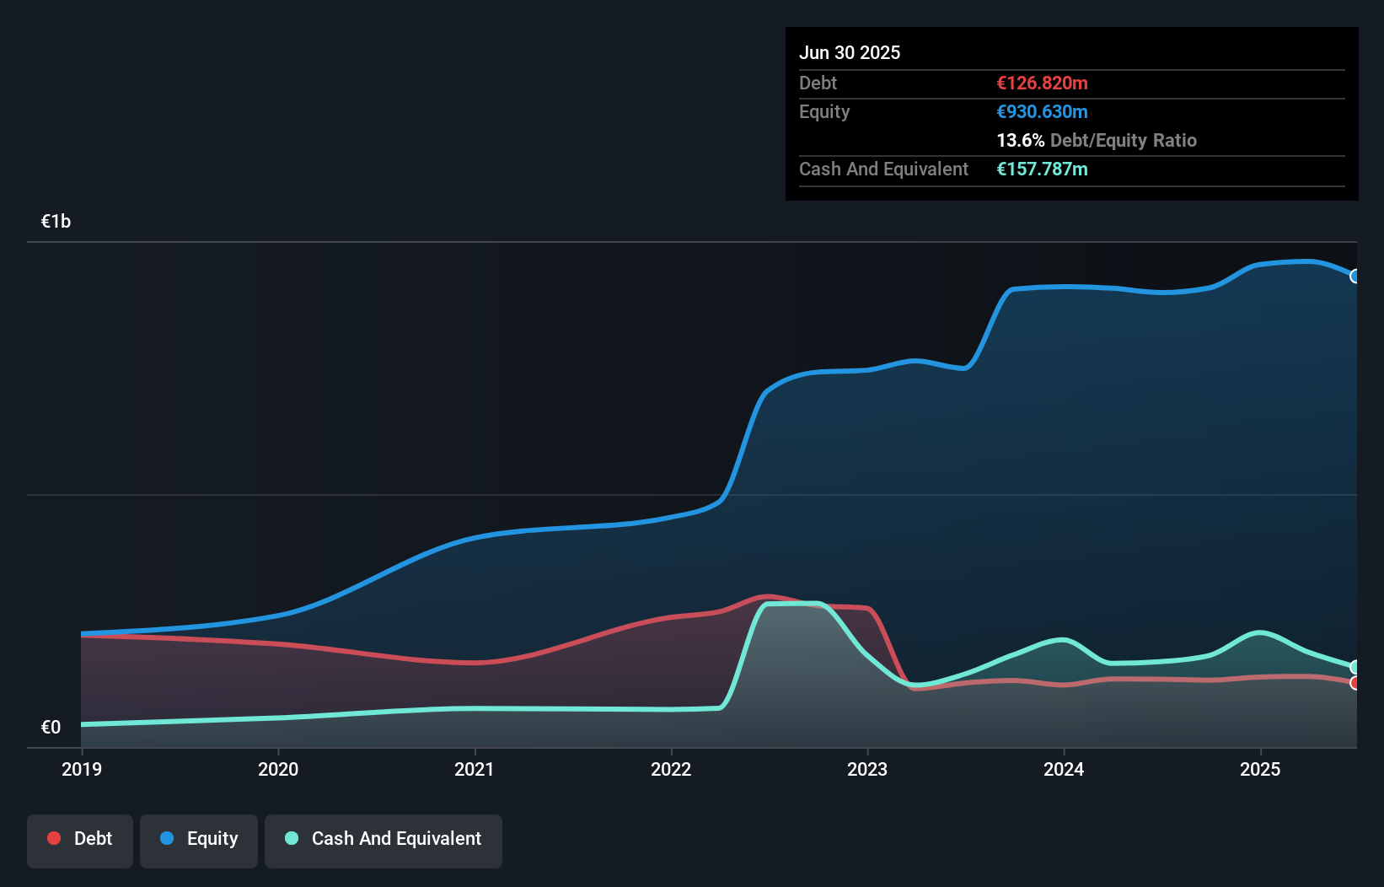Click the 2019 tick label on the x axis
pyautogui.click(x=82, y=769)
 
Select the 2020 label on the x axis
pyautogui.click(x=278, y=769)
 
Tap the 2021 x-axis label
pyautogui.click(x=475, y=769)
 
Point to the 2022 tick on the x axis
pyautogui.click(x=671, y=769)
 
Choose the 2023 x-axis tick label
pyautogui.click(x=867, y=769)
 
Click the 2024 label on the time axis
pyautogui.click(x=1064, y=769)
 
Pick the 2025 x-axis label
pyautogui.click(x=1260, y=769)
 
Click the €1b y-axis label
pyautogui.click(x=56, y=222)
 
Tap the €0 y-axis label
pyautogui.click(x=51, y=727)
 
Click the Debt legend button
pyautogui.click(x=80, y=839)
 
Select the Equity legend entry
pyautogui.click(x=199, y=839)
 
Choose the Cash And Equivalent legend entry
pyautogui.click(x=384, y=839)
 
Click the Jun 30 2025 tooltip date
pyautogui.click(x=850, y=52)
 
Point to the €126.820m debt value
pyautogui.click(x=1042, y=83)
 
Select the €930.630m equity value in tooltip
pyautogui.click(x=1042, y=111)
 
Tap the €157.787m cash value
pyautogui.click(x=1042, y=169)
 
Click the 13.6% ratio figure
pyautogui.click(x=1020, y=140)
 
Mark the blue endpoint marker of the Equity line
pyautogui.click(x=1355, y=277)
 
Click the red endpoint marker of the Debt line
pyautogui.click(x=1355, y=683)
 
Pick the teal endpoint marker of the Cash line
pyautogui.click(x=1355, y=667)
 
